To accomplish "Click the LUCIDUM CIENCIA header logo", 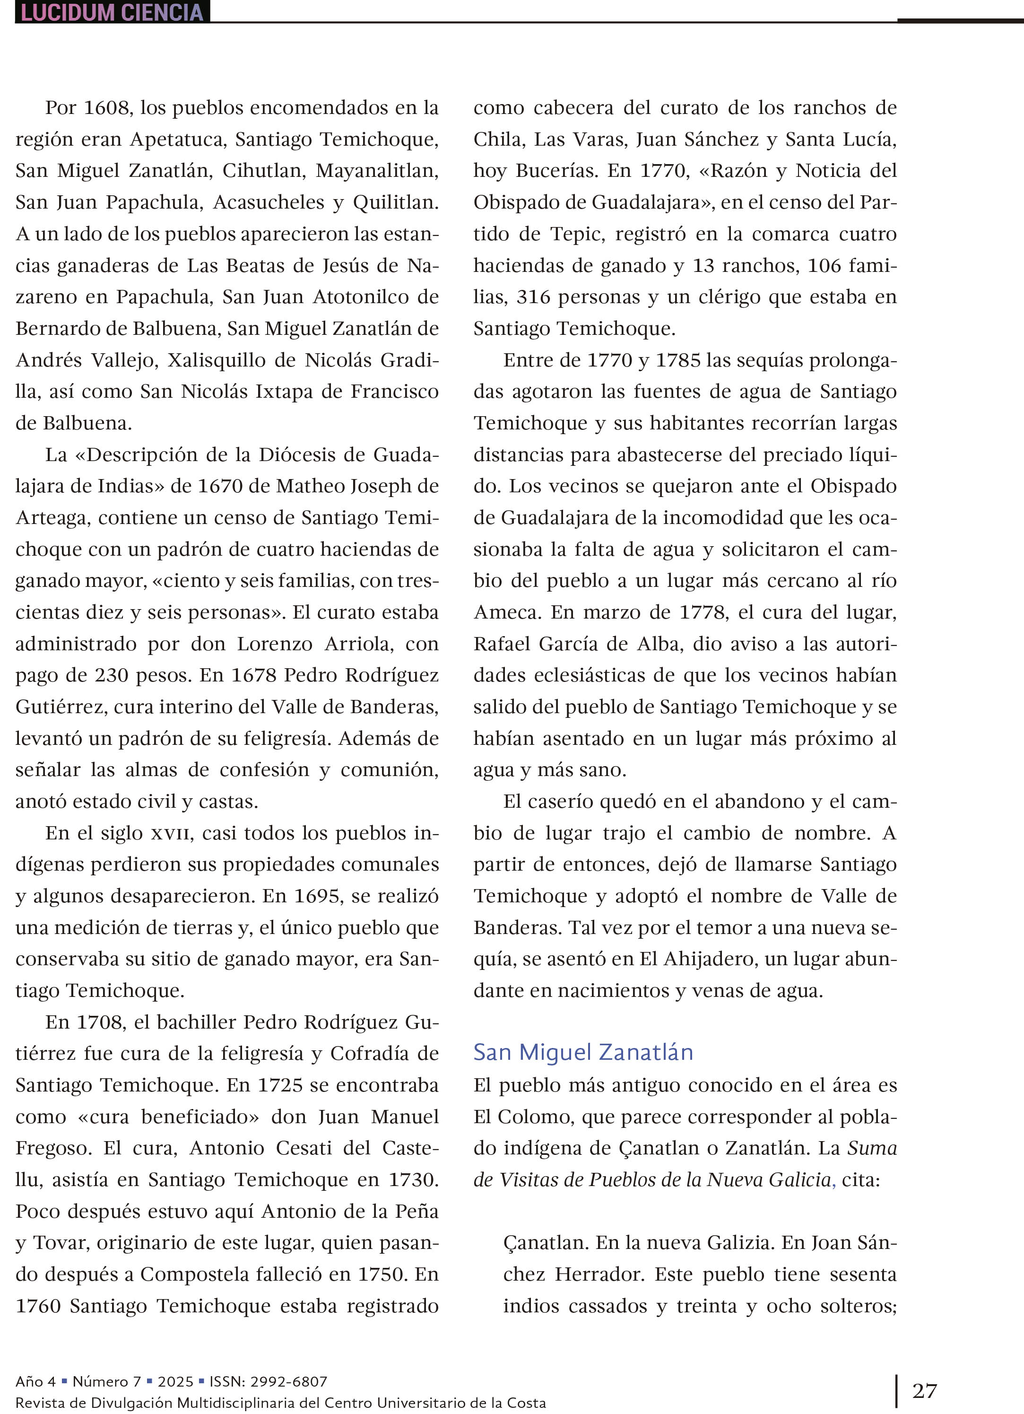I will coord(112,12).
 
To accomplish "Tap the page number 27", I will coord(924,1391).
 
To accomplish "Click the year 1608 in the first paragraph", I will coord(107,108).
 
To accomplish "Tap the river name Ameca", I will coord(505,612).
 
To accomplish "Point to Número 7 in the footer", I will coord(106,1381).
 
